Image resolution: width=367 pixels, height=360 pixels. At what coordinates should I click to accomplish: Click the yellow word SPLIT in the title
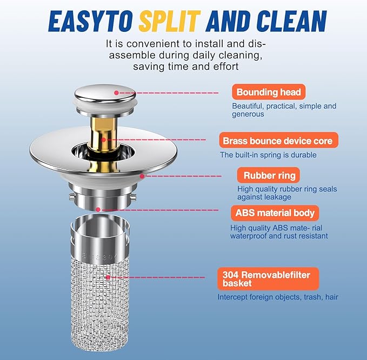click(x=169, y=21)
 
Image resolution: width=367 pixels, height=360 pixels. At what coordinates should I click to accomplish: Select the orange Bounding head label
click(x=269, y=92)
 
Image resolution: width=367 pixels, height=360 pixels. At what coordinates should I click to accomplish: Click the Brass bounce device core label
click(x=278, y=140)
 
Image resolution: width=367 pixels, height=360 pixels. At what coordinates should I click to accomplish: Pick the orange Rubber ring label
click(x=269, y=175)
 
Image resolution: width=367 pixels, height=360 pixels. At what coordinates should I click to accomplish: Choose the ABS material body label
click(x=275, y=213)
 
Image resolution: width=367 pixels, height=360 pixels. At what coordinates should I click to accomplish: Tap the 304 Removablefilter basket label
click(x=268, y=279)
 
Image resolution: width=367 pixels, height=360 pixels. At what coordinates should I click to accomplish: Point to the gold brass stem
click(x=104, y=143)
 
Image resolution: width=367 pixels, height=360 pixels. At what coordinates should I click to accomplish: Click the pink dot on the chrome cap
click(x=116, y=93)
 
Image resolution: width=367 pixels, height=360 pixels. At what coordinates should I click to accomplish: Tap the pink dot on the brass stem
click(x=103, y=140)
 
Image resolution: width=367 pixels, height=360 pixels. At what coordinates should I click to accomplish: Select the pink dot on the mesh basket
click(x=108, y=277)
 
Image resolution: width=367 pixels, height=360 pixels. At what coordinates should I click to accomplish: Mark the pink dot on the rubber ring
click(x=142, y=176)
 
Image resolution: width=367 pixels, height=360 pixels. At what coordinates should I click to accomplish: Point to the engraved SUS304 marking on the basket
click(x=99, y=256)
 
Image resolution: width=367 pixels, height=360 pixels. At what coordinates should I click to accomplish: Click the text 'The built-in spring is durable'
click(x=268, y=155)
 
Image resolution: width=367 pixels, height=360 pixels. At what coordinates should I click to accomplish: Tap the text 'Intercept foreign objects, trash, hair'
click(x=278, y=297)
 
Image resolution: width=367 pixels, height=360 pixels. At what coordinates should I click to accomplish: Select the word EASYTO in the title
click(x=91, y=21)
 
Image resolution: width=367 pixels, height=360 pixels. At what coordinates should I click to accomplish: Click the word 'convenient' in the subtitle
click(x=159, y=44)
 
